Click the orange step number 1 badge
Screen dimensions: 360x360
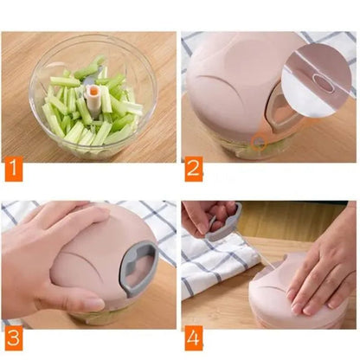tap(14, 172)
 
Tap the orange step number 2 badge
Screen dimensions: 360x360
tap(194, 169)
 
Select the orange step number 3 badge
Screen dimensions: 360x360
tap(14, 337)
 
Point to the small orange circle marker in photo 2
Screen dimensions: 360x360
tap(259, 142)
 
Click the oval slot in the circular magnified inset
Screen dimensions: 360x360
tap(325, 83)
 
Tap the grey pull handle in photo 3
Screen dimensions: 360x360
tap(138, 268)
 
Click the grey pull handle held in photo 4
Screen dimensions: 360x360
tap(223, 223)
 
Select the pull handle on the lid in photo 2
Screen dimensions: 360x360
tap(281, 111)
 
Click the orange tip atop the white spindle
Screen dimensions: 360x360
tap(93, 91)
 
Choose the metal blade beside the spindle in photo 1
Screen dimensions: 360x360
tap(88, 78)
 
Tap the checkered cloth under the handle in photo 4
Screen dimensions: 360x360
tap(218, 262)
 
